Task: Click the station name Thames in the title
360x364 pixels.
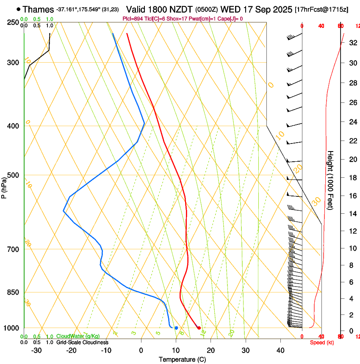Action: click(39, 9)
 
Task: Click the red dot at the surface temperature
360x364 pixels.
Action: click(199, 328)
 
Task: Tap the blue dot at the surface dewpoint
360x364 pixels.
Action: click(176, 328)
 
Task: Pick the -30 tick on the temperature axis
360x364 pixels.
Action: click(36, 350)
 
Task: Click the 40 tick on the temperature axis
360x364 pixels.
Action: click(280, 350)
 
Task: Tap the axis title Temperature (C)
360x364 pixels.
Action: click(182, 359)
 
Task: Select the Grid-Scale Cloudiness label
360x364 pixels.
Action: click(82, 342)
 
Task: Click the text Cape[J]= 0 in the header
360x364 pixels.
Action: click(231, 19)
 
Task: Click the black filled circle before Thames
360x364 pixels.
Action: click(18, 9)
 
